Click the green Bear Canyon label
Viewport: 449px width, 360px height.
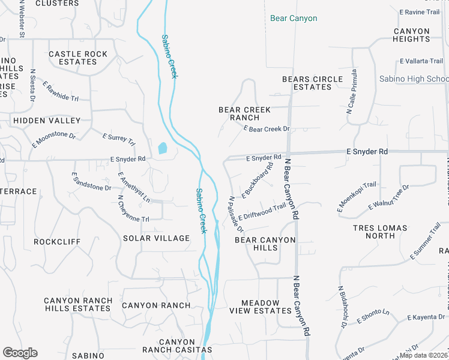click(x=294, y=19)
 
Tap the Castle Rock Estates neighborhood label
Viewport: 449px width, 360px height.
click(x=78, y=58)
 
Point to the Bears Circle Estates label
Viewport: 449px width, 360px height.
click(x=312, y=83)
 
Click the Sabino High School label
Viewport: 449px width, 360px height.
click(x=414, y=79)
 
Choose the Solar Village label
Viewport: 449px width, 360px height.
click(x=156, y=238)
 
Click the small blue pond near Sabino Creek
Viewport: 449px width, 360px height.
click(x=163, y=148)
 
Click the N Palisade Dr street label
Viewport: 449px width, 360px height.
click(x=236, y=214)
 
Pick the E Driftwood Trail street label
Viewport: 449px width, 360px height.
click(x=262, y=212)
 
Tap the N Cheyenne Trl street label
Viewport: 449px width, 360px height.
click(x=133, y=209)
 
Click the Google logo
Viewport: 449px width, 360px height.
click(x=20, y=353)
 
